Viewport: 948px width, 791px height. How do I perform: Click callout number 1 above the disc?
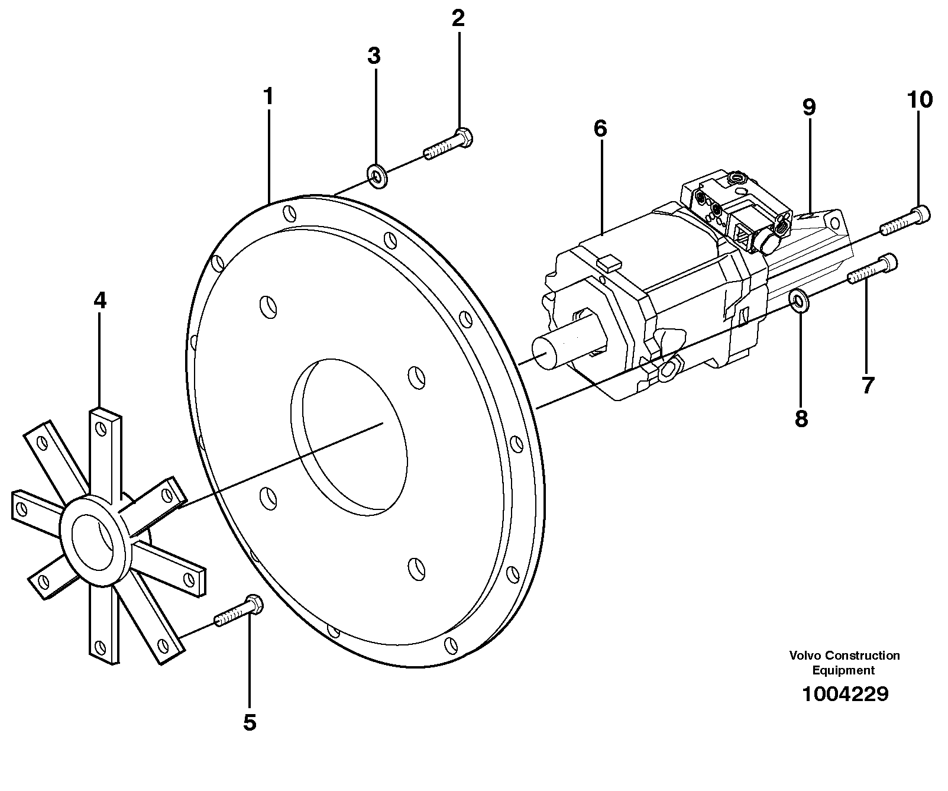[268, 96]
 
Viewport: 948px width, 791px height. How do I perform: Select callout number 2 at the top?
[458, 19]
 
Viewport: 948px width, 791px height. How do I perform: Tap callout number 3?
[374, 56]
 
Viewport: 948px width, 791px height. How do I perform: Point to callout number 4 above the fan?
[100, 301]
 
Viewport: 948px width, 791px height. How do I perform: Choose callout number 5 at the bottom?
[250, 722]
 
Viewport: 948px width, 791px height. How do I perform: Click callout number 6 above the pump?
[601, 128]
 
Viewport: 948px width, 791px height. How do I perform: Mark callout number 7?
[867, 386]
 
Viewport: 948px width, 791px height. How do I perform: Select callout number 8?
[801, 419]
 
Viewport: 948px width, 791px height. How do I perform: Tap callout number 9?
[809, 107]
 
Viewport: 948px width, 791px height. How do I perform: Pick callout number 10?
[919, 99]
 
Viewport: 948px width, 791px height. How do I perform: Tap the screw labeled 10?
[905, 219]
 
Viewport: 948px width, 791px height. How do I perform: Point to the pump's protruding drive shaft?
[559, 351]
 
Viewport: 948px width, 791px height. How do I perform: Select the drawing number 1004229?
[845, 694]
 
